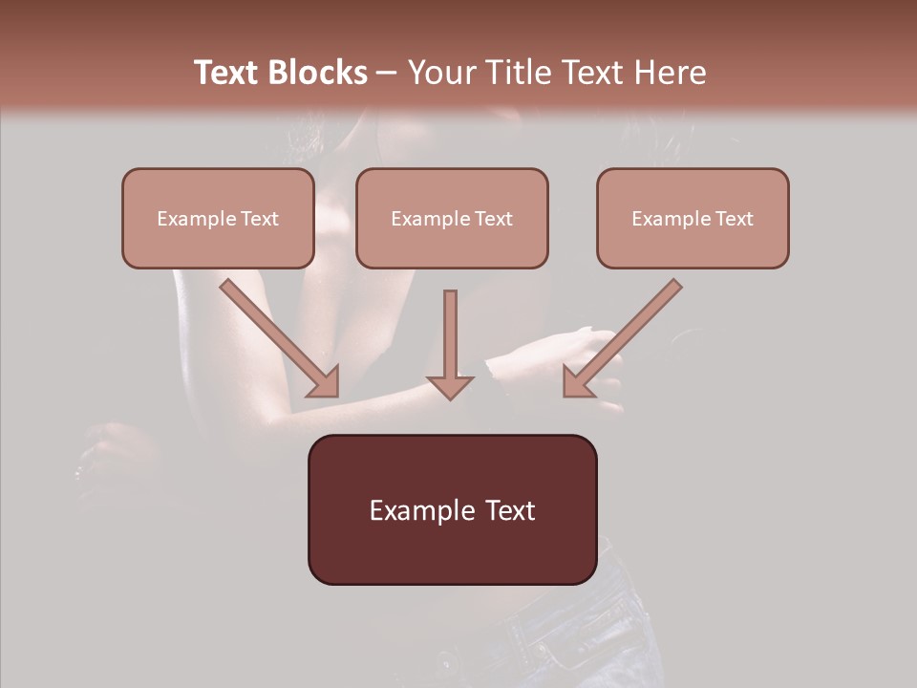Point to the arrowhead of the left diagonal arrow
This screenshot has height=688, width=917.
326,382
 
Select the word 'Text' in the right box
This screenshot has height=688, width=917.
735,219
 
